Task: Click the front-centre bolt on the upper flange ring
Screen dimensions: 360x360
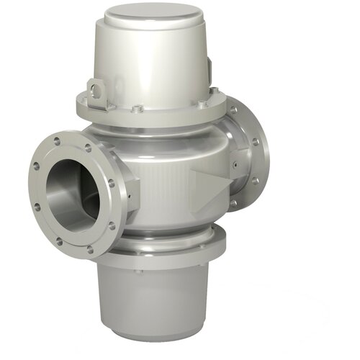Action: click(x=136, y=110)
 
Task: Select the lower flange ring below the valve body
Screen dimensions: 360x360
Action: click(x=173, y=245)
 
